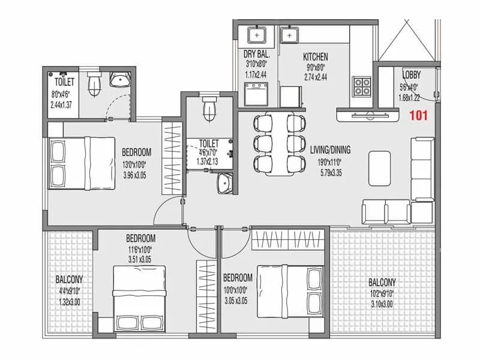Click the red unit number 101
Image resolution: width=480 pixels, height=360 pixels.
[418, 116]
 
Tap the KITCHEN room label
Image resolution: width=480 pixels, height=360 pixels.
[314, 56]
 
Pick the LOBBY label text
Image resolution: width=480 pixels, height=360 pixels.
[411, 75]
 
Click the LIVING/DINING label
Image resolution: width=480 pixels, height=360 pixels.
[330, 150]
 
